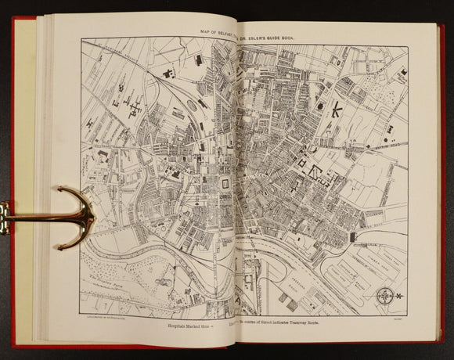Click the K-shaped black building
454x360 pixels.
coord(337,110)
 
